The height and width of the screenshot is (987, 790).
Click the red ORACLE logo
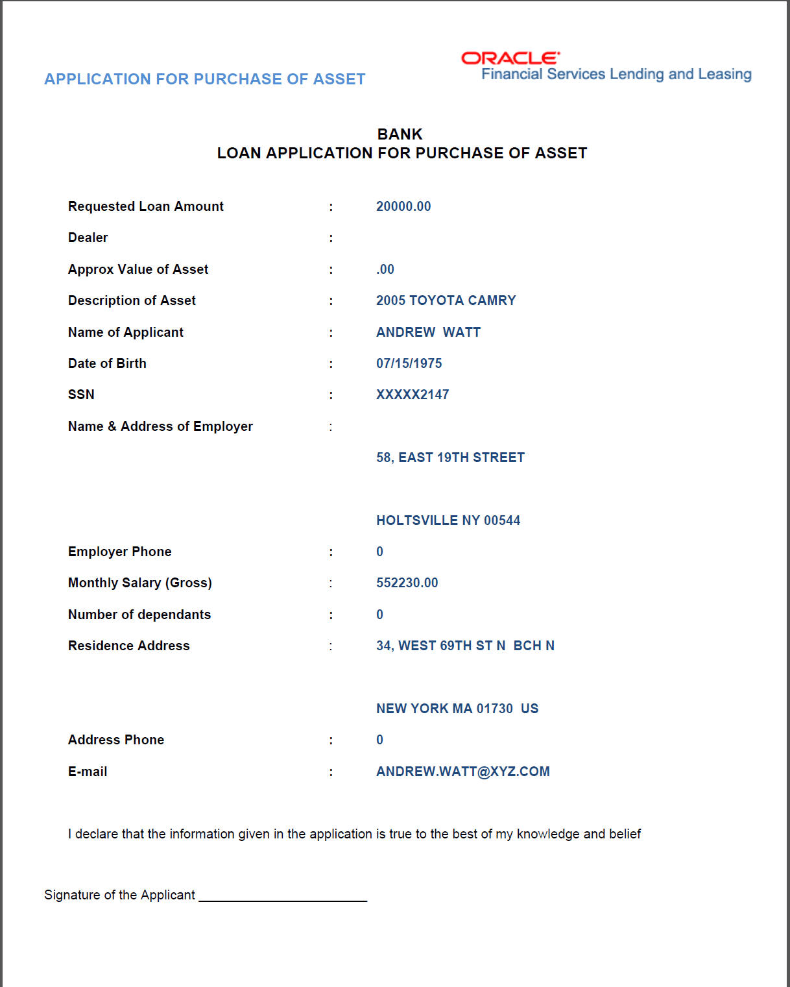pyautogui.click(x=510, y=58)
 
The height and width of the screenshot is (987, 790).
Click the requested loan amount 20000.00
pyautogui.click(x=403, y=206)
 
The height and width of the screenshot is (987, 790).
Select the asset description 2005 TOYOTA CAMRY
pyautogui.click(x=446, y=300)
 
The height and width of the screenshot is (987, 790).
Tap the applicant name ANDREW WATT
pyautogui.click(x=428, y=332)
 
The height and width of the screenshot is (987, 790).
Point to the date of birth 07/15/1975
pyautogui.click(x=409, y=363)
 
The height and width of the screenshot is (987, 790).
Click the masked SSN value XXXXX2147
pyautogui.click(x=413, y=395)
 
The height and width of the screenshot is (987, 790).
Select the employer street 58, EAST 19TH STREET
pyautogui.click(x=450, y=457)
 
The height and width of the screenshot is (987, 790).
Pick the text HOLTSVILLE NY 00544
pyautogui.click(x=448, y=520)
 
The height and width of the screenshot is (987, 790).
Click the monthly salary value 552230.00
pyautogui.click(x=407, y=583)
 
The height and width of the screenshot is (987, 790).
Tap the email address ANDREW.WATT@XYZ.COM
pyautogui.click(x=462, y=772)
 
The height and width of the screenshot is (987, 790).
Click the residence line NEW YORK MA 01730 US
pyautogui.click(x=457, y=709)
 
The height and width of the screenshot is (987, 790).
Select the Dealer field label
pyautogui.click(x=88, y=238)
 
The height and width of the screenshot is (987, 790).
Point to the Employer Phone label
pyautogui.click(x=119, y=552)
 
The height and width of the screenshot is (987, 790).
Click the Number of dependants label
pyautogui.click(x=139, y=615)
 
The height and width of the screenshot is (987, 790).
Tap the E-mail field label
pyautogui.click(x=88, y=772)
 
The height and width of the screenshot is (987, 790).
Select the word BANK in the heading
pyautogui.click(x=400, y=134)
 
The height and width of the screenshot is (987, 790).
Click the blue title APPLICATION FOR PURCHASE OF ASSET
pyautogui.click(x=204, y=79)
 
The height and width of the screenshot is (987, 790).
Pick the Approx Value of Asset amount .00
pyautogui.click(x=385, y=269)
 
